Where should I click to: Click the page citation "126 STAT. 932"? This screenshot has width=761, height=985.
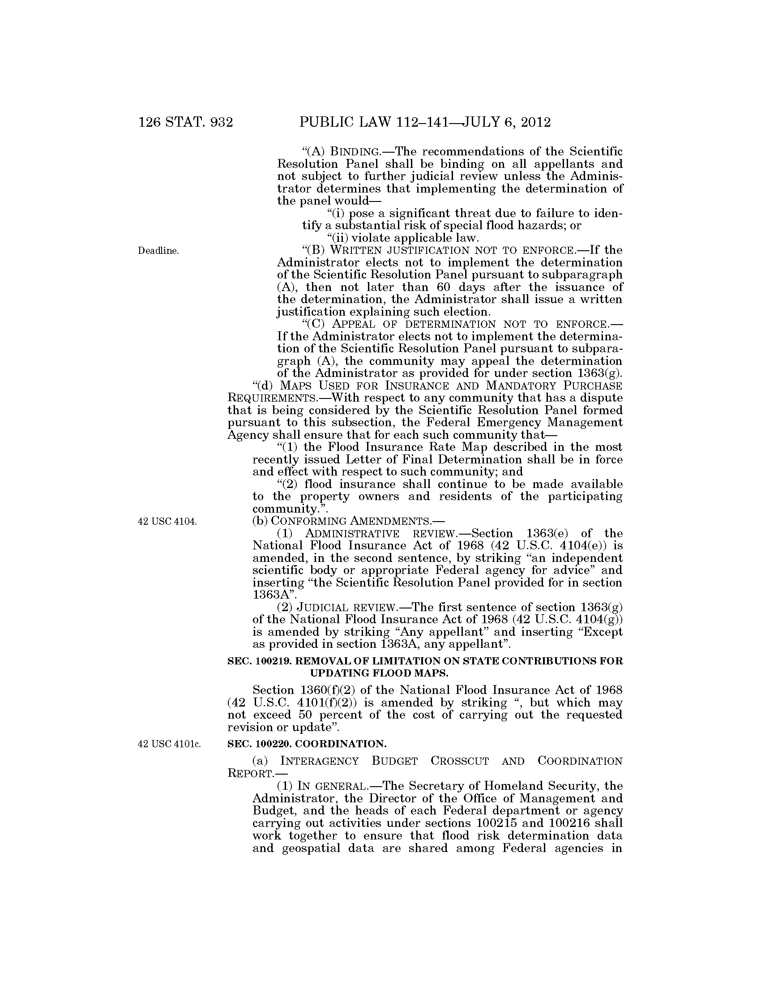point(185,122)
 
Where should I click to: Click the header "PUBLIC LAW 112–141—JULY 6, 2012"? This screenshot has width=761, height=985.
point(425,122)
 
